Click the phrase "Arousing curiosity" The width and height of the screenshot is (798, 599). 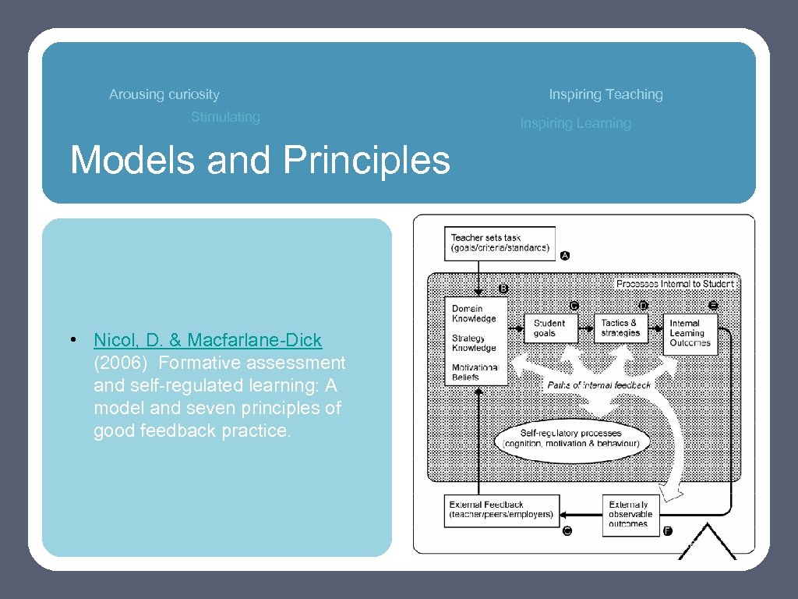[x=164, y=94]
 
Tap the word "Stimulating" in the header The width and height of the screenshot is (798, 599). [x=225, y=117]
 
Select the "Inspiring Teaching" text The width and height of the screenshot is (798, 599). [x=606, y=94]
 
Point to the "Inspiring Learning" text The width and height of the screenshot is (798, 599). [x=575, y=123]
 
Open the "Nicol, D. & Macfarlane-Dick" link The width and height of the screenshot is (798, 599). [x=207, y=340]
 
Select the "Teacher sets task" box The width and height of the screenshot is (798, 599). [x=500, y=243]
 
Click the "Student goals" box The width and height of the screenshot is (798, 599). [x=550, y=328]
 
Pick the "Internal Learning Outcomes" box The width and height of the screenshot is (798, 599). [x=690, y=333]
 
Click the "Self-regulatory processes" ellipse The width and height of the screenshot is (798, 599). [x=572, y=438]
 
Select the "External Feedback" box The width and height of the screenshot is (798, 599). [x=501, y=510]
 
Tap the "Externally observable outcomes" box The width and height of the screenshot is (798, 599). [x=630, y=514]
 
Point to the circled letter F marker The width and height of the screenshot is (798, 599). [x=668, y=531]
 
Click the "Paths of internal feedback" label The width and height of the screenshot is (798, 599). [x=599, y=385]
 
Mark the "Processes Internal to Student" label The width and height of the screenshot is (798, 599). [x=675, y=284]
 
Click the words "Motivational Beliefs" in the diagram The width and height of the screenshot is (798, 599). [x=475, y=372]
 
